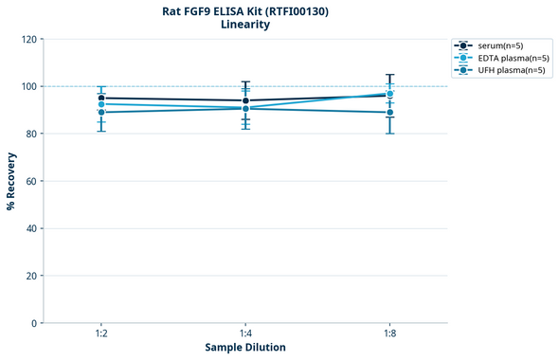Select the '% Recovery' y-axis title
click(11, 181)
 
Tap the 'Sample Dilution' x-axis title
click(245, 348)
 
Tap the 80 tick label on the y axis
click(31, 134)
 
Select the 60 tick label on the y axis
click(31, 181)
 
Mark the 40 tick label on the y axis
click(31, 228)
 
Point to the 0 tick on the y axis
click(34, 323)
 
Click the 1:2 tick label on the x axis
click(101, 333)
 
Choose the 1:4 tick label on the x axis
click(245, 333)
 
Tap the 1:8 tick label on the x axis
click(389, 333)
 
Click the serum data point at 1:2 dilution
click(101, 98)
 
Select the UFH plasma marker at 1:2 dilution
click(101, 112)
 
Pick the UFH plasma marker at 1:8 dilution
click(389, 112)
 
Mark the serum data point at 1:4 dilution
click(245, 100)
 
